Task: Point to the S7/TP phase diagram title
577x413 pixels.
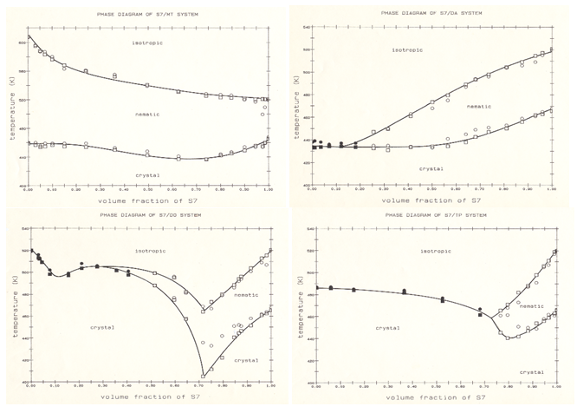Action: coord(433,215)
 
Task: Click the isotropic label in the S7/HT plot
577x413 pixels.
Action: coord(146,43)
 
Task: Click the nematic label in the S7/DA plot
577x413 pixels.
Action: coord(478,106)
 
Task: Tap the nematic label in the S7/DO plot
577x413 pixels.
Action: coord(245,294)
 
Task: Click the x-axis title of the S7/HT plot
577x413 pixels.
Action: coord(148,198)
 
